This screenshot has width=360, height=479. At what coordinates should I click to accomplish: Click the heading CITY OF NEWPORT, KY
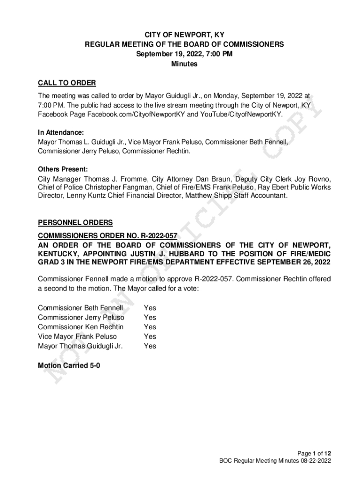point(184,35)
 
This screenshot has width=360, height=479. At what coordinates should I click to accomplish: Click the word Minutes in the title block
point(184,64)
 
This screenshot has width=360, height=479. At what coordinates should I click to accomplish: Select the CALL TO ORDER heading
point(67,83)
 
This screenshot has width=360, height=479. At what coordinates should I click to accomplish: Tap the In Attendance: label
point(61,132)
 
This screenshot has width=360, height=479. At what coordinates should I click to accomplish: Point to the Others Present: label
point(63,169)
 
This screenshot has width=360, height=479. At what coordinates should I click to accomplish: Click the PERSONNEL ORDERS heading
point(75,223)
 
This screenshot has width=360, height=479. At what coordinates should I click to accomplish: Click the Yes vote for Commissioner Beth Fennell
point(150,308)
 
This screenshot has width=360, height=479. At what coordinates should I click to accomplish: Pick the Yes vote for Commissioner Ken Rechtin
point(150,327)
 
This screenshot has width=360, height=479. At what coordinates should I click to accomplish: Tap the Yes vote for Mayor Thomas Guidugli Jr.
point(150,346)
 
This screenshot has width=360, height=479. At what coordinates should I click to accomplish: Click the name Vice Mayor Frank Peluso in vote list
point(77,336)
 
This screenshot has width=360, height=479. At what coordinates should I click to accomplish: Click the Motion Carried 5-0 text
point(69,366)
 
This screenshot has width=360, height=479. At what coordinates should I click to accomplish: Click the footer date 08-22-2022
point(313,461)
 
